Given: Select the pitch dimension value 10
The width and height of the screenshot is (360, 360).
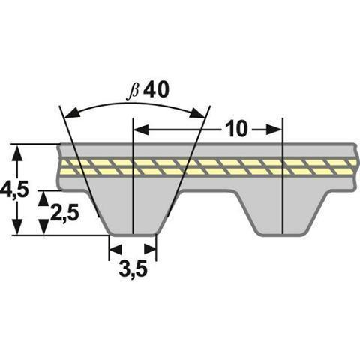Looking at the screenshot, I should [235, 129].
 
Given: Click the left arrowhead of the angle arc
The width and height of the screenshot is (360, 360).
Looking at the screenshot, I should [70, 114].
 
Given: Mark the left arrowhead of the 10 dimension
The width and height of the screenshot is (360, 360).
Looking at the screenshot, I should [139, 130].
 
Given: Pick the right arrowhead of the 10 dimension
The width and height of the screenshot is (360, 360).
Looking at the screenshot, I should [275, 130].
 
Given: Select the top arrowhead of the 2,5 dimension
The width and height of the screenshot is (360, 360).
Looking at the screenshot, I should [43, 196].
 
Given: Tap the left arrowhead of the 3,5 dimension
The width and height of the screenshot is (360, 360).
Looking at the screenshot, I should [115, 248].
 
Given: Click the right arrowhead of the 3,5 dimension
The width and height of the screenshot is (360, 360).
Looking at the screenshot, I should [151, 248].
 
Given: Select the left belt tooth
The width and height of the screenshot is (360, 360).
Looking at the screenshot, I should [133, 210].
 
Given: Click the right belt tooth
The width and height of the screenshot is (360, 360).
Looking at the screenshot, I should [281, 210].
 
